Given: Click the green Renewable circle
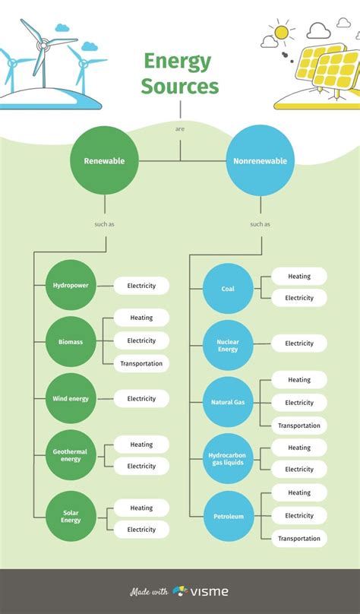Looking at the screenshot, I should pyautogui.click(x=105, y=161).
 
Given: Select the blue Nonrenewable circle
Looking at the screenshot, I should pyautogui.click(x=260, y=161).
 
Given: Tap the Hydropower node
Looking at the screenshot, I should pyautogui.click(x=71, y=286).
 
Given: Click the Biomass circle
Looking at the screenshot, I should pyautogui.click(x=71, y=342).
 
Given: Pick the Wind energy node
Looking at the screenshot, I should pyautogui.click(x=71, y=398).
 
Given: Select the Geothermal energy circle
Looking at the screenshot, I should pyautogui.click(x=71, y=455).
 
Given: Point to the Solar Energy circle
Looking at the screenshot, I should pyautogui.click(x=71, y=517).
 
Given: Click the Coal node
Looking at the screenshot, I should pyautogui.click(x=228, y=289).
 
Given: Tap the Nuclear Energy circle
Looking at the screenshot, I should pyautogui.click(x=228, y=346).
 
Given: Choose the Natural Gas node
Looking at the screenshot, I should pyautogui.click(x=228, y=402).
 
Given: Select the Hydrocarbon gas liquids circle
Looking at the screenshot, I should pyautogui.click(x=228, y=458).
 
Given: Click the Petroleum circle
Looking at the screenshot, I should pyautogui.click(x=228, y=517).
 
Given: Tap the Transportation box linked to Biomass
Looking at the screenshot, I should pyautogui.click(x=141, y=363).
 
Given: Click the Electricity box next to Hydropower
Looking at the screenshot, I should pyautogui.click(x=141, y=286).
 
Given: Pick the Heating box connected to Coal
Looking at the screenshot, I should pyautogui.click(x=299, y=277).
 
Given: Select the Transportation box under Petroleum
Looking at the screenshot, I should pyautogui.click(x=299, y=538).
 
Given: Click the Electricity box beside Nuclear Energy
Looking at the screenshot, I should pyautogui.click(x=299, y=343).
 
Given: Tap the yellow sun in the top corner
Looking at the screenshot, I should pyautogui.click(x=282, y=32).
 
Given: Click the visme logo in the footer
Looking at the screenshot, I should pyautogui.click(x=201, y=591).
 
